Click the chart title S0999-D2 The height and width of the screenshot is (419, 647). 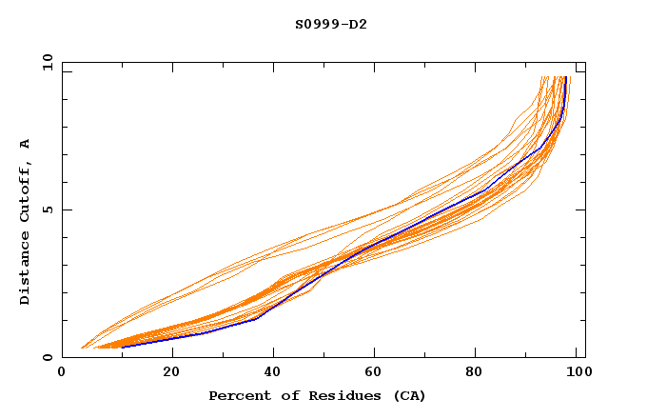330,24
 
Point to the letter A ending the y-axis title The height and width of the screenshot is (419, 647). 25,144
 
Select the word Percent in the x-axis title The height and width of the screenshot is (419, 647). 238,395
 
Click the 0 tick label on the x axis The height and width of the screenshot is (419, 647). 62,373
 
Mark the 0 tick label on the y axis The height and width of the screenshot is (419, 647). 47,358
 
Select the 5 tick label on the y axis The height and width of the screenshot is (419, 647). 47,209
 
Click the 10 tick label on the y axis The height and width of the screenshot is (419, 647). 44,62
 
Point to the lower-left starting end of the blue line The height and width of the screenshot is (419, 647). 121,347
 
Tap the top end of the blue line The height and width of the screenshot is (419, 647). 566,77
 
